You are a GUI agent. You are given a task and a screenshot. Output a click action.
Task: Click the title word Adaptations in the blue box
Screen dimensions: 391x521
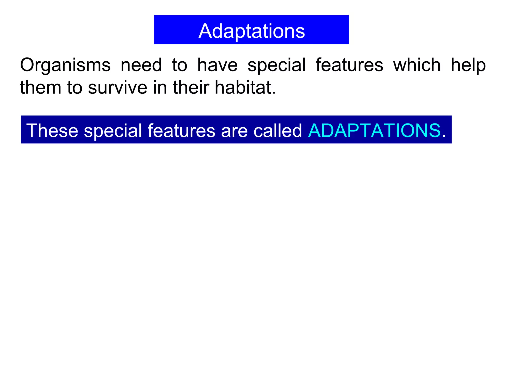pyautogui.click(x=251, y=31)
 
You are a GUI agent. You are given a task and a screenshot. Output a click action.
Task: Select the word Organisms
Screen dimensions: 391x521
pyautogui.click(x=65, y=65)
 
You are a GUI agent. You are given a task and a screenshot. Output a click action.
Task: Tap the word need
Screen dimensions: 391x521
pyautogui.click(x=141, y=65)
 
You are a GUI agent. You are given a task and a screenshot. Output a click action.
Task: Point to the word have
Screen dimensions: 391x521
pyautogui.click(x=218, y=65)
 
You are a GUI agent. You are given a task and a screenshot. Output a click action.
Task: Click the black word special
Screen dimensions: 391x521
pyautogui.click(x=277, y=65)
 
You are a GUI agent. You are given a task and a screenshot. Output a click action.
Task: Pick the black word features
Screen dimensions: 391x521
pyautogui.click(x=349, y=65)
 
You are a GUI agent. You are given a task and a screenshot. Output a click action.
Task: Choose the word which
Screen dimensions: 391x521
pyautogui.click(x=417, y=65)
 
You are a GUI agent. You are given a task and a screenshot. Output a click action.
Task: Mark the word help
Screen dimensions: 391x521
pyautogui.click(x=468, y=65)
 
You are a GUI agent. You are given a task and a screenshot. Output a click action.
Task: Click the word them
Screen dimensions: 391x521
pyautogui.click(x=41, y=88)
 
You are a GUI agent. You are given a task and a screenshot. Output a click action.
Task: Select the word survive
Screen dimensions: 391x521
pyautogui.click(x=118, y=88)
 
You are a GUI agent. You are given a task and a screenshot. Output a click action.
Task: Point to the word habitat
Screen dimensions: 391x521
pyautogui.click(x=245, y=88)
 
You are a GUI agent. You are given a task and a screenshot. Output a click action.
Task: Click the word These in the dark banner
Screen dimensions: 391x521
pyautogui.click(x=52, y=131)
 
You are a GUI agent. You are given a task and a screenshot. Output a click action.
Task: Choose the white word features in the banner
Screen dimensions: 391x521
pyautogui.click(x=181, y=131)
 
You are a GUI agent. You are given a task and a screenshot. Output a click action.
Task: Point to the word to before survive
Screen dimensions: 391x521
pyautogui.click(x=75, y=88)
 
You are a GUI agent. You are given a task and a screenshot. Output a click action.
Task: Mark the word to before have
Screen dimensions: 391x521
pyautogui.click(x=180, y=65)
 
